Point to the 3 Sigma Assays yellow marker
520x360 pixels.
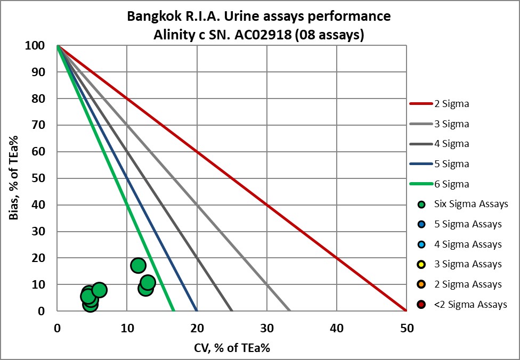tap(422, 264)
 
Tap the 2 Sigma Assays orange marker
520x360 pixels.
tap(422, 284)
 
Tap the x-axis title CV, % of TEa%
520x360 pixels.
tap(232, 348)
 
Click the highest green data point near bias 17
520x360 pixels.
tap(139, 265)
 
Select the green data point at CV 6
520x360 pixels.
tap(99, 290)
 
